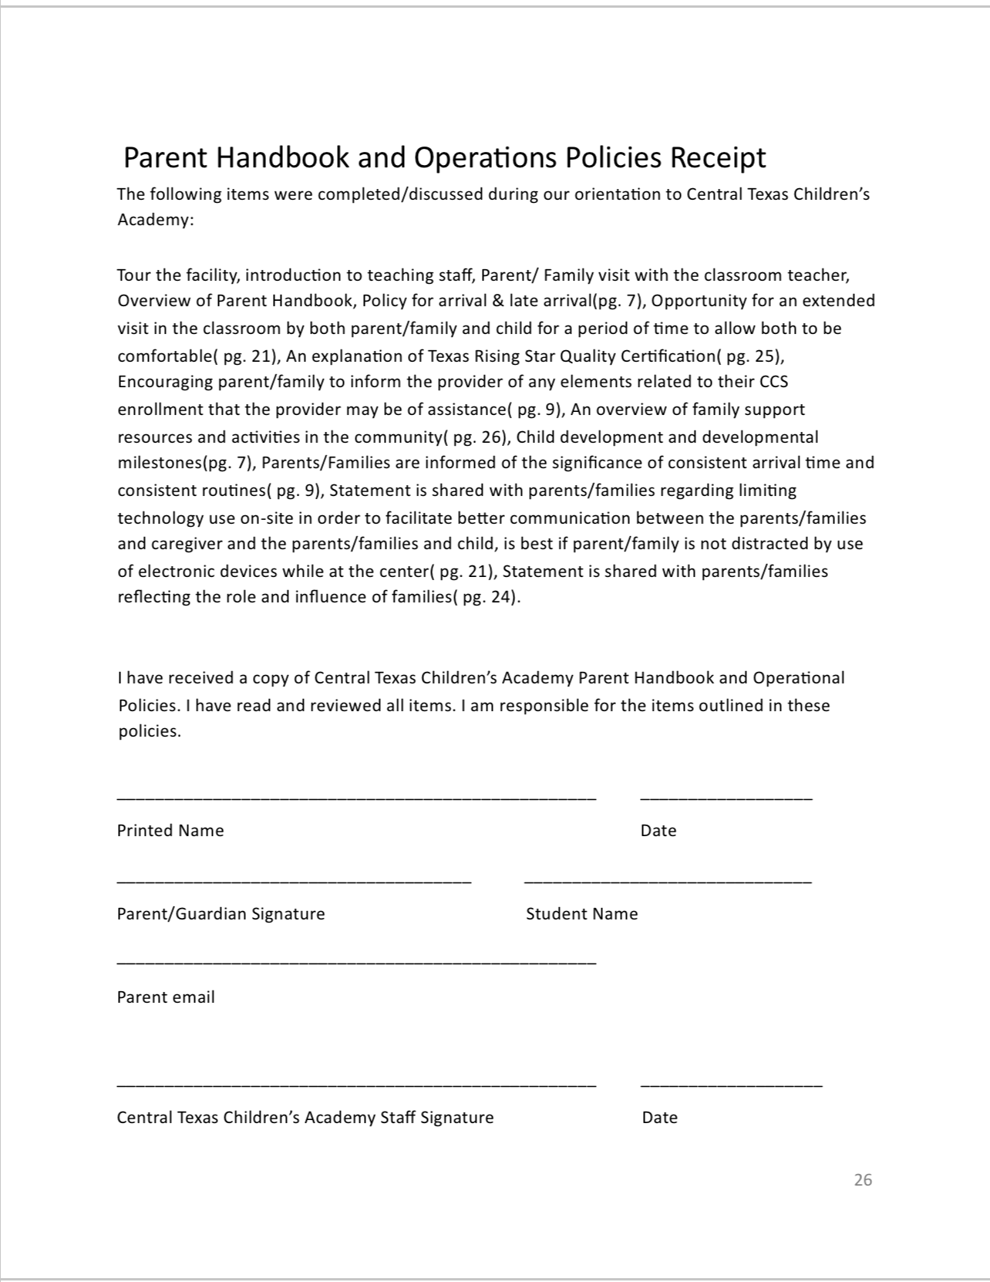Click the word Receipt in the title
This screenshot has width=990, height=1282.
click(x=717, y=157)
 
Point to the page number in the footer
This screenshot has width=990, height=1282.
click(x=863, y=1179)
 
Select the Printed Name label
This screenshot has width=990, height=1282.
click(x=170, y=831)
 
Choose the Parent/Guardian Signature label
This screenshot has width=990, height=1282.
click(x=221, y=914)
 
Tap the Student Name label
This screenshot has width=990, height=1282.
click(x=581, y=914)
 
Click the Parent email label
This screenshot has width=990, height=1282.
click(x=166, y=997)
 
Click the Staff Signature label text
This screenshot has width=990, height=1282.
click(x=305, y=1118)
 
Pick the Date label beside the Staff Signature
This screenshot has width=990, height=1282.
click(x=659, y=1118)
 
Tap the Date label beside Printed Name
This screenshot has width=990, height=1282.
click(x=658, y=831)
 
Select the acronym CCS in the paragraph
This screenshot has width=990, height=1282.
click(x=773, y=382)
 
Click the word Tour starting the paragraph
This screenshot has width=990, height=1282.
click(x=133, y=275)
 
